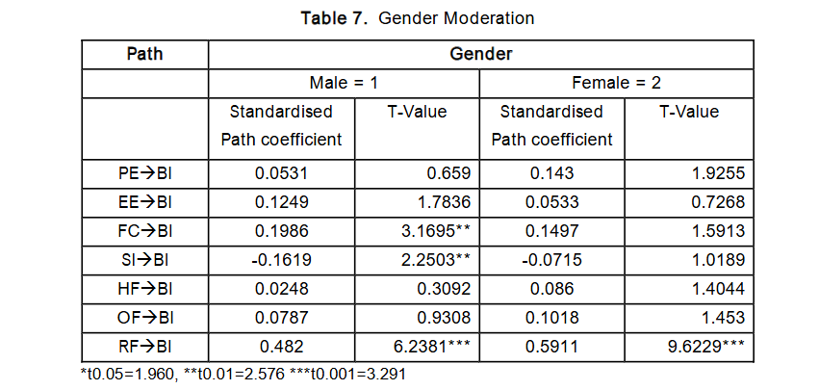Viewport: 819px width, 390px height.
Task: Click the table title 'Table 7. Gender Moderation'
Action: click(x=417, y=18)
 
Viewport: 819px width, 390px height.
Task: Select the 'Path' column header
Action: click(x=145, y=54)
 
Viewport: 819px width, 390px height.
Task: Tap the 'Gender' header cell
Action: click(x=480, y=54)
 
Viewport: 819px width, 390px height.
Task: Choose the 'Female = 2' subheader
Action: click(x=617, y=83)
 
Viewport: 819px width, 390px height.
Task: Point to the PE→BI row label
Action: click(x=145, y=174)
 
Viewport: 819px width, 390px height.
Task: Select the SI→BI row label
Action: click(x=145, y=260)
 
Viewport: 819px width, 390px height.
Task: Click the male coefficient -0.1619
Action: click(x=282, y=260)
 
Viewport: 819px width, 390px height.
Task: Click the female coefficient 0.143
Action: click(x=551, y=174)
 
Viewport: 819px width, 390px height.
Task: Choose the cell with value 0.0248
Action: click(x=282, y=289)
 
